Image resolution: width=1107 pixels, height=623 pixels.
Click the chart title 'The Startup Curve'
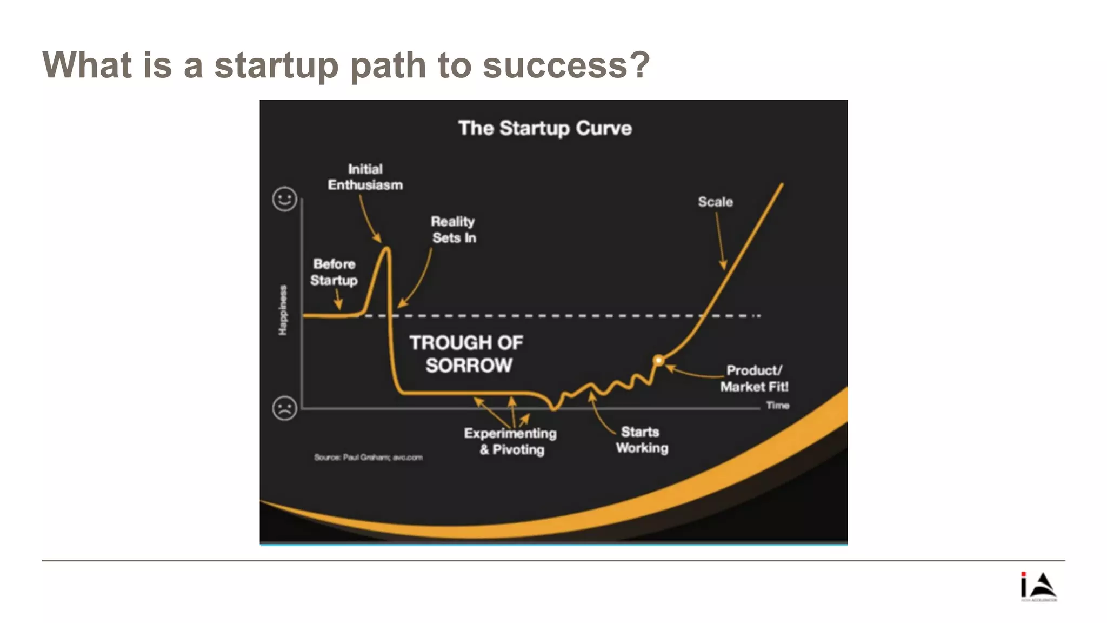545,129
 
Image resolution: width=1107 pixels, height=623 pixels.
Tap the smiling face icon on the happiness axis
284,199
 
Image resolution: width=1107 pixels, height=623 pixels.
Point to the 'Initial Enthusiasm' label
365,177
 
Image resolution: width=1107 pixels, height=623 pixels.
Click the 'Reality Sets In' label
454,230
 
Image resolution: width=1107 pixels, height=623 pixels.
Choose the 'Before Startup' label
334,272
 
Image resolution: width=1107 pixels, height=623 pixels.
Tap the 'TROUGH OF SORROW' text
467,354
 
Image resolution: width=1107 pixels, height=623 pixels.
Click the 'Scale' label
715,202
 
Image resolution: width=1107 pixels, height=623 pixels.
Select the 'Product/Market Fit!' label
754,379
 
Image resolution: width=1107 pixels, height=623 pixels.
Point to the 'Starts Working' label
642,440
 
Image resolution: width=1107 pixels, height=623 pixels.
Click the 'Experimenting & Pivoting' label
510,441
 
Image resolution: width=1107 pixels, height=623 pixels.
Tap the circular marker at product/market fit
658,360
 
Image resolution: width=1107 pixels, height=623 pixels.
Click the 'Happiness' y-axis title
283,310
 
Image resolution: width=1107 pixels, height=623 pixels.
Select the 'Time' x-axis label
777,406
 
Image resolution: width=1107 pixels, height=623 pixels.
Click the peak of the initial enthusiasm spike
387,249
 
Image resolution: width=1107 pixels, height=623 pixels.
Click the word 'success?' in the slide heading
566,65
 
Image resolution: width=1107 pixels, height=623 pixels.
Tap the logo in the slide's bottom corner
1038,587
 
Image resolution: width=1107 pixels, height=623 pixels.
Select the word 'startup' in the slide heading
276,65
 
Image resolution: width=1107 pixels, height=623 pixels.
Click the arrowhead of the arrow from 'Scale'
723,265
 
